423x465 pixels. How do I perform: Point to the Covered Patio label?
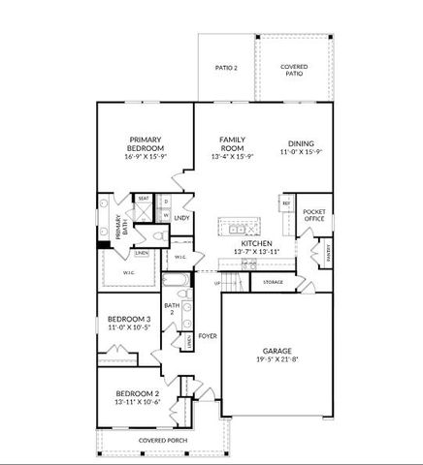click(x=295, y=70)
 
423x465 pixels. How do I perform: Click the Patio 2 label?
click(x=226, y=68)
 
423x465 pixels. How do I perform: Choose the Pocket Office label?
click(x=313, y=215)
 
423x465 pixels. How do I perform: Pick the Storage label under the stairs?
click(x=273, y=282)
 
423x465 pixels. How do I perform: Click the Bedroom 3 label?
click(x=128, y=320)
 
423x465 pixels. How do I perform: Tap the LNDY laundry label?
click(x=181, y=218)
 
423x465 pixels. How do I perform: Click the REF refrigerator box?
click(x=286, y=204)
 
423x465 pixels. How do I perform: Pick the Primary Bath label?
click(x=120, y=230)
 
